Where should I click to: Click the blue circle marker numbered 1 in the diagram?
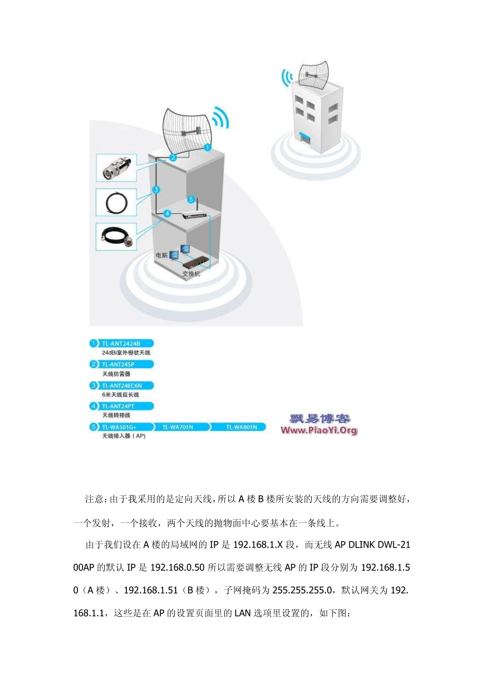[x=207, y=148]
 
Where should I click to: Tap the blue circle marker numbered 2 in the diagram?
[x=173, y=157]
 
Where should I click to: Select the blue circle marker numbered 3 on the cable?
[x=156, y=190]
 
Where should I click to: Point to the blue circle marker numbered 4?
[x=167, y=214]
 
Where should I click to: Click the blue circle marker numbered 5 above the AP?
[x=191, y=199]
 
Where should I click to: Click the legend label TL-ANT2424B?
[x=121, y=344]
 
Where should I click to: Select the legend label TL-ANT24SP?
[x=119, y=364]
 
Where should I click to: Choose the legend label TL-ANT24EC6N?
[x=122, y=386]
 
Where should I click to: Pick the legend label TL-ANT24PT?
[x=118, y=406]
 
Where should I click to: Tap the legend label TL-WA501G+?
[x=119, y=427]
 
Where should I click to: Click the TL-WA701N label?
[x=178, y=427]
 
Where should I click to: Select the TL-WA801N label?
[x=241, y=427]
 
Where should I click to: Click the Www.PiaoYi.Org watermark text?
[x=319, y=431]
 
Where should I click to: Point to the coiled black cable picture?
[x=116, y=203]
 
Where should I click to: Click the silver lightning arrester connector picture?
[x=117, y=168]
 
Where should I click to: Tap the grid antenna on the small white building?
[x=313, y=75]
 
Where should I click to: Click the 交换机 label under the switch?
[x=192, y=274]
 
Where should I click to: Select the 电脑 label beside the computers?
[x=162, y=255]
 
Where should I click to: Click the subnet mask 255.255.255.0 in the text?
[x=303, y=590]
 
